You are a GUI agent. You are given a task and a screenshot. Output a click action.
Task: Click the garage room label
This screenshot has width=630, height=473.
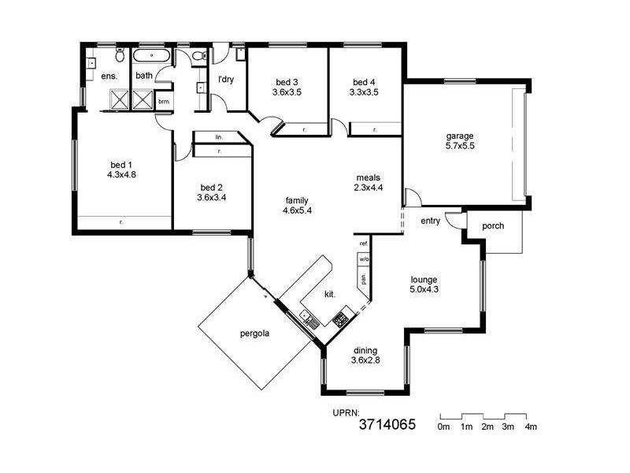click(x=459, y=136)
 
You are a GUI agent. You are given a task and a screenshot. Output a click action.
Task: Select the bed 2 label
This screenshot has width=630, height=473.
click(x=212, y=188)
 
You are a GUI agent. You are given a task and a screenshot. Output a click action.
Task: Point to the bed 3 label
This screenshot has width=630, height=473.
click(x=287, y=81)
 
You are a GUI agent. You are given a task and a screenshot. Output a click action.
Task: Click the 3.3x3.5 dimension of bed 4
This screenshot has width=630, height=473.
click(x=364, y=91)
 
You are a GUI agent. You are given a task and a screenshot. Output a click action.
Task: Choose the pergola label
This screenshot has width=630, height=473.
click(x=255, y=333)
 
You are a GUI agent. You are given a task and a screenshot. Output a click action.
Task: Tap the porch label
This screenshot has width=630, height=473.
click(x=493, y=226)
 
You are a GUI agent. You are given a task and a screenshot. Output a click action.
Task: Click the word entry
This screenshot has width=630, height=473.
click(x=430, y=221)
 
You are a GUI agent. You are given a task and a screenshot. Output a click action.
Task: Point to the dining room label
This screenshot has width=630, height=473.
click(x=365, y=351)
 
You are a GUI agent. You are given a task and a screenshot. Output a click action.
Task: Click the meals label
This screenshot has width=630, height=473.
click(x=368, y=177)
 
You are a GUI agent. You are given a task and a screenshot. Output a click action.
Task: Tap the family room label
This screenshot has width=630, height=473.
click(x=296, y=200)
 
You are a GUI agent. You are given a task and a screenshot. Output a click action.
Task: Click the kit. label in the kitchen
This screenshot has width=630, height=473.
click(x=331, y=294)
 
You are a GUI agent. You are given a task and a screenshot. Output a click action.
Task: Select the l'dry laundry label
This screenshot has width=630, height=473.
click(x=227, y=79)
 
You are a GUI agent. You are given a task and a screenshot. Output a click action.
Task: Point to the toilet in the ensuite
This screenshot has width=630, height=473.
click(x=119, y=56)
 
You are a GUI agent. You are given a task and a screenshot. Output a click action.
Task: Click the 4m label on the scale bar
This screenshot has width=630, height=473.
click(x=531, y=426)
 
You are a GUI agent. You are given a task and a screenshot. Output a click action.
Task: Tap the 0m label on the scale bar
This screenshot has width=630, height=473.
click(x=443, y=426)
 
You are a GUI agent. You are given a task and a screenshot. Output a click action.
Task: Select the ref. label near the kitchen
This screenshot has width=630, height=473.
click(x=364, y=244)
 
